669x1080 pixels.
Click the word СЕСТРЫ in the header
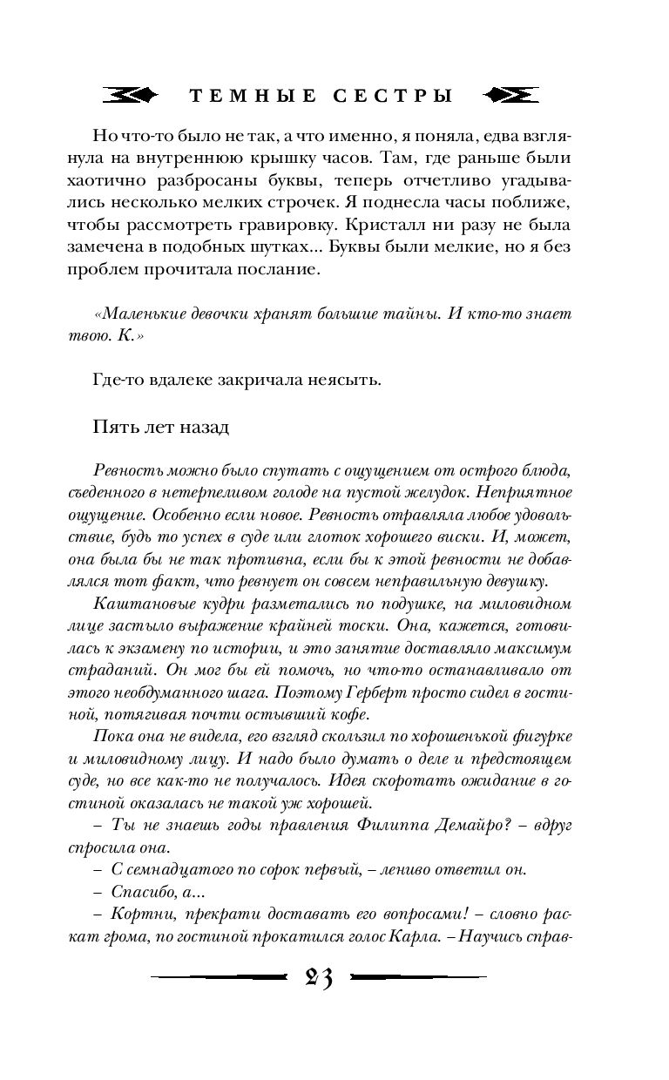tap(398, 96)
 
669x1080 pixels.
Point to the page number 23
tap(320, 978)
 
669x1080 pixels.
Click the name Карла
tap(428, 938)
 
